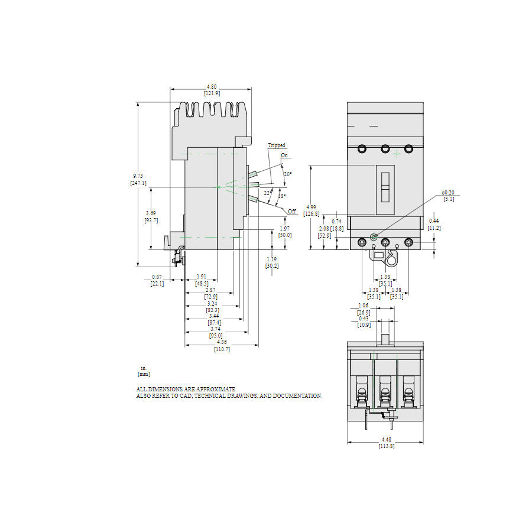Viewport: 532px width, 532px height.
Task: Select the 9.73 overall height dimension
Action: pyautogui.click(x=138, y=177)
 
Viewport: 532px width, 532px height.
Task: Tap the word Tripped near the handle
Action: pyautogui.click(x=276, y=145)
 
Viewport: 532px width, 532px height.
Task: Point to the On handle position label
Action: pyautogui.click(x=284, y=155)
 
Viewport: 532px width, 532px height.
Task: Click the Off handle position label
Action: pyautogui.click(x=292, y=211)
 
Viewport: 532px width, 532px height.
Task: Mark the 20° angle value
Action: pyautogui.click(x=287, y=174)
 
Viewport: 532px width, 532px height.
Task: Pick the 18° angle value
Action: pyautogui.click(x=282, y=196)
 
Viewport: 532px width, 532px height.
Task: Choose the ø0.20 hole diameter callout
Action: pyautogui.click(x=448, y=193)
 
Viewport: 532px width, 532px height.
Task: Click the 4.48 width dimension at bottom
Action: pyautogui.click(x=386, y=439)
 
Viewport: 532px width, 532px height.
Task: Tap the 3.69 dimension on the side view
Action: pyautogui.click(x=151, y=213)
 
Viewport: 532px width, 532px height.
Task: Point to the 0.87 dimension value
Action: pyautogui.click(x=157, y=277)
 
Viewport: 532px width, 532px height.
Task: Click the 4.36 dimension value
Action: pyautogui.click(x=222, y=342)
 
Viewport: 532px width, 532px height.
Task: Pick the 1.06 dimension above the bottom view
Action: pyautogui.click(x=364, y=306)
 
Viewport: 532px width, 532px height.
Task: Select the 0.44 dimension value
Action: pyautogui.click(x=434, y=221)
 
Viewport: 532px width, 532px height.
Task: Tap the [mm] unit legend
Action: pyautogui.click(x=144, y=374)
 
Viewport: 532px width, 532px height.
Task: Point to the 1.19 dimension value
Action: pyautogui.click(x=271, y=259)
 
